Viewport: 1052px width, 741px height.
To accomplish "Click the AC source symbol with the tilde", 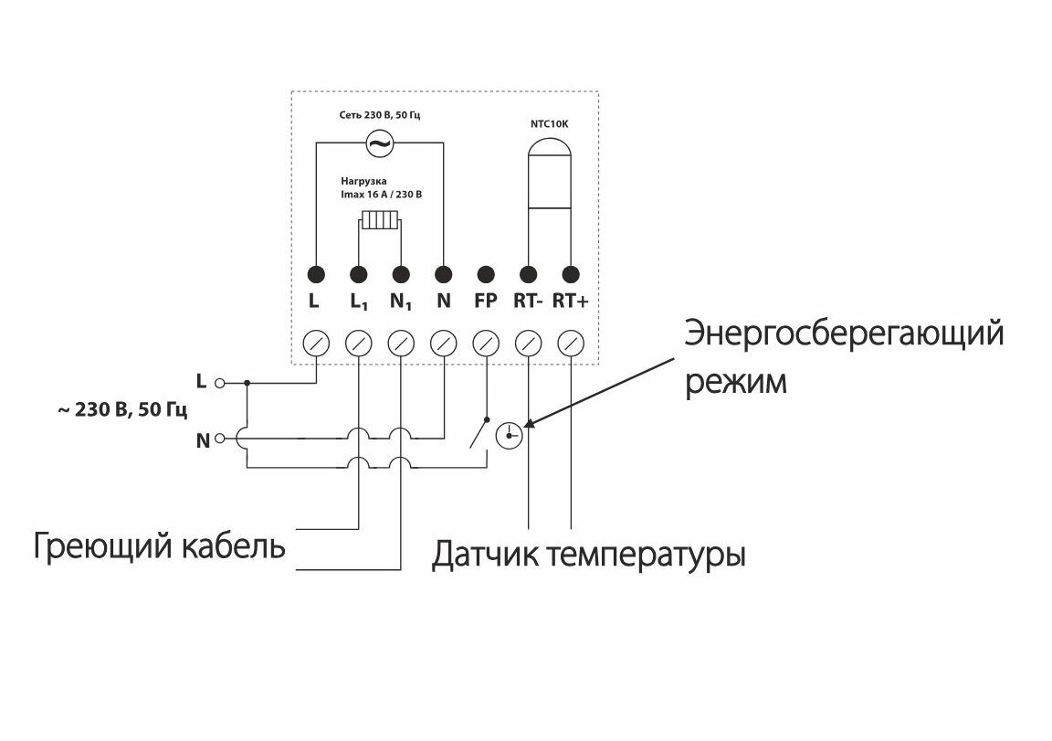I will point(378,143).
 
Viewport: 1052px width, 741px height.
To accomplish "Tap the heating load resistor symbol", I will point(378,221).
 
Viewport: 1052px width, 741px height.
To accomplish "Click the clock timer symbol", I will point(509,436).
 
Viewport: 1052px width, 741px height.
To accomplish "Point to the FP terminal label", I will point(486,300).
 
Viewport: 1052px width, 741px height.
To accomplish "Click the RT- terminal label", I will point(528,300).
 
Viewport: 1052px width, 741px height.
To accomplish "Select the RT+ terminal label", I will point(571,300).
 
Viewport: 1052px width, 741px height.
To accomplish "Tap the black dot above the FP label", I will point(486,273).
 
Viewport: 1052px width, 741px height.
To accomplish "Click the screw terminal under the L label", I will point(316,344).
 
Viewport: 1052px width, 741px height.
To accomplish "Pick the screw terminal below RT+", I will point(571,344).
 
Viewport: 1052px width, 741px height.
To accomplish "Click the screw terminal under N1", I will point(401,344).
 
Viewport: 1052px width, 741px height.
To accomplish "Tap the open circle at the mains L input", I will point(219,384).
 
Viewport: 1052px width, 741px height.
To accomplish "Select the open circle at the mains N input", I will point(219,440).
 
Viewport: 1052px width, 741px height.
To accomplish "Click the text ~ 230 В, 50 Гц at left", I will point(121,411).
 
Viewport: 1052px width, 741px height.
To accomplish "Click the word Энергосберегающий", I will point(845,333).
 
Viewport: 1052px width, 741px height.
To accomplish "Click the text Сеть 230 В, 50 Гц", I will point(378,116).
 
